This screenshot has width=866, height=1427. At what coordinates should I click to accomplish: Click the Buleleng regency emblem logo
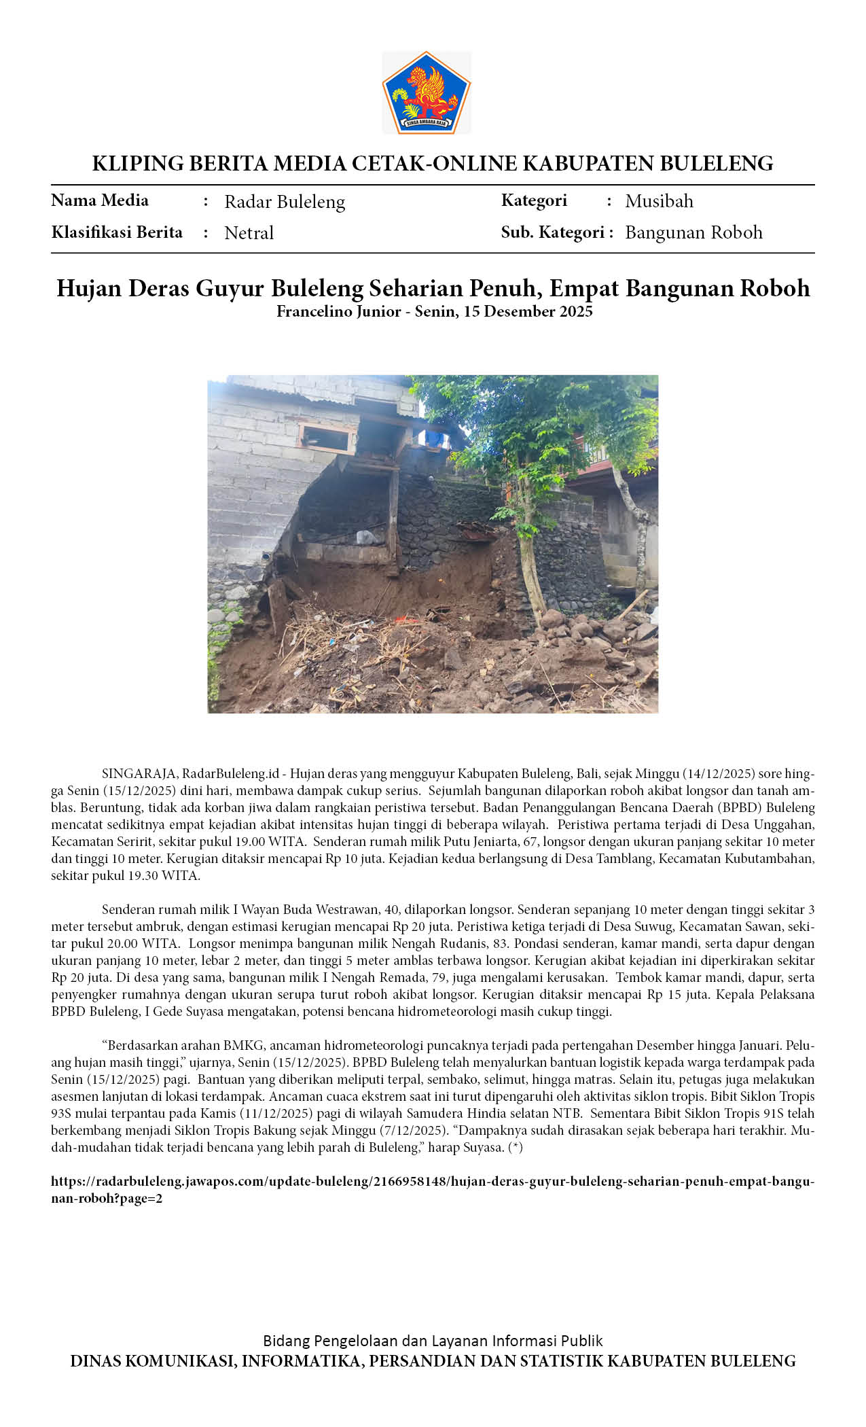427,93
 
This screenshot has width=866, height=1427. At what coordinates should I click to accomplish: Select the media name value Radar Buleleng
285,202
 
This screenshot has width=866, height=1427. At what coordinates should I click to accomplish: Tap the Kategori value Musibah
659,201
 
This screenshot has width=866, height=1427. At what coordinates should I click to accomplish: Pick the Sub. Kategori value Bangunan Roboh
693,232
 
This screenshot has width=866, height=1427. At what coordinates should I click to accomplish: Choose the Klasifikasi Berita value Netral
249,233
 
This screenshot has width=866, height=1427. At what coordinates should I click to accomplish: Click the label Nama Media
100,200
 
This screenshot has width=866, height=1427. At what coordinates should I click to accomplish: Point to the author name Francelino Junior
338,311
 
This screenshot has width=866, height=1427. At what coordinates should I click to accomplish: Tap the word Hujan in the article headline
89,288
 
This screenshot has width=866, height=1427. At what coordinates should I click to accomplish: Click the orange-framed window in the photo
327,438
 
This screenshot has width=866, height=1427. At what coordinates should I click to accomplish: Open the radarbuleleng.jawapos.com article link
432,1182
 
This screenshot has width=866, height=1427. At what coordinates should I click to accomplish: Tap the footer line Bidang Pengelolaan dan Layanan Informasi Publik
433,1341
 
